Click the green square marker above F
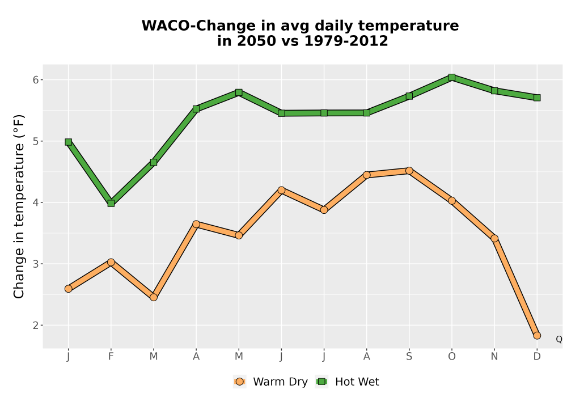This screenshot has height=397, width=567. [x=111, y=204]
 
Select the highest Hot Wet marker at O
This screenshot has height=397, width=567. [x=452, y=77]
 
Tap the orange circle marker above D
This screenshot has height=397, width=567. [x=537, y=336]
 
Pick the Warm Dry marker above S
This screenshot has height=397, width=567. [x=409, y=171]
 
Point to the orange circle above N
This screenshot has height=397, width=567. [x=494, y=238]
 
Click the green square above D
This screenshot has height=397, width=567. [x=537, y=98]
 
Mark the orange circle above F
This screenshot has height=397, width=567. [x=111, y=262]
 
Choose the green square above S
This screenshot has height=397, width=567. [x=409, y=96]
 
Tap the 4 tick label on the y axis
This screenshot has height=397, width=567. [x=35, y=202]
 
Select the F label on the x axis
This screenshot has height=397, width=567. [x=111, y=357]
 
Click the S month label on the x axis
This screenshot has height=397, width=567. [x=409, y=357]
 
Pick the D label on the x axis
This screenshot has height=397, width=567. [x=537, y=357]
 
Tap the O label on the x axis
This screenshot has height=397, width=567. [x=452, y=357]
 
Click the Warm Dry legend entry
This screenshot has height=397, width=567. [x=270, y=382]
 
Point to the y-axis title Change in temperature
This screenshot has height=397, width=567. [x=19, y=206]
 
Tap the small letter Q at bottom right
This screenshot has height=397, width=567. [x=559, y=339]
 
